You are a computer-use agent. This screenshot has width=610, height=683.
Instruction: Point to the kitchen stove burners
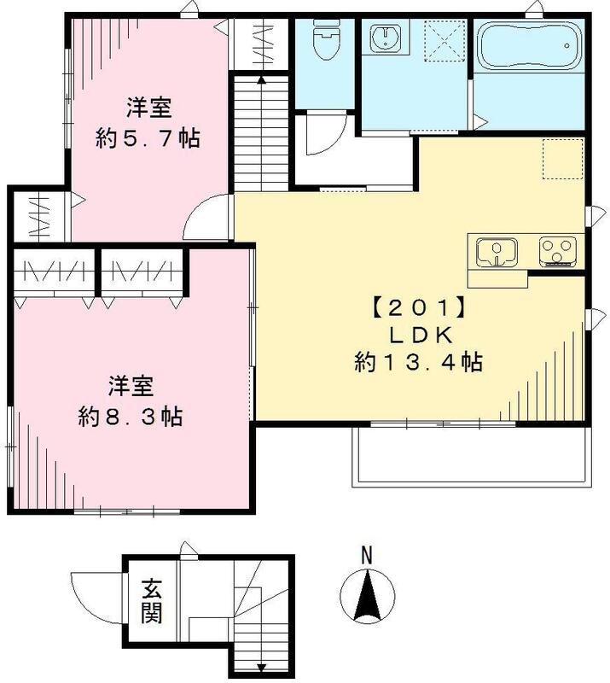pos(558,251)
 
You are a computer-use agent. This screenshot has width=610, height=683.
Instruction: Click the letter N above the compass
pos(366,554)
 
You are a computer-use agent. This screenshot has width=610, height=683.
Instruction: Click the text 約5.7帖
pos(149,137)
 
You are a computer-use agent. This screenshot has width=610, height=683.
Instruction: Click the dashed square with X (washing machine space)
pos(444,40)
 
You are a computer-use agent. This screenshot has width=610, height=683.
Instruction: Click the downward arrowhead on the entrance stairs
pos(261,668)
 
